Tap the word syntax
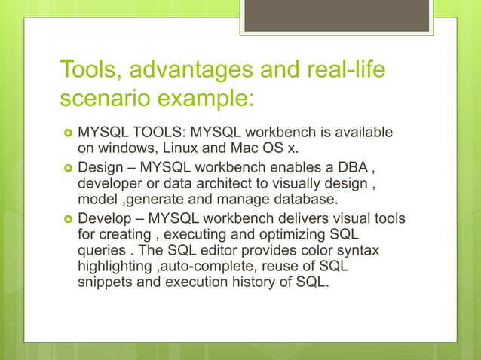355,252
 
